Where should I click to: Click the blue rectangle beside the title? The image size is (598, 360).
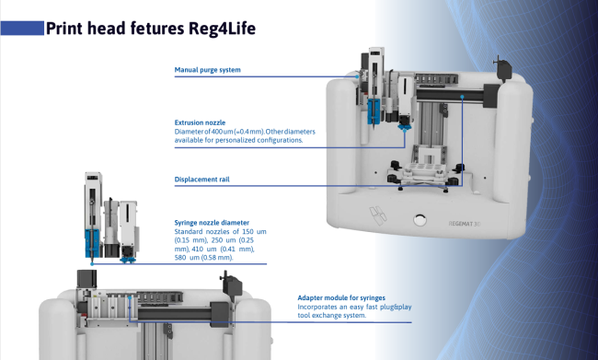click(x=22, y=29)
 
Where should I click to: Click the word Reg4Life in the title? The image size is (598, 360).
click(x=222, y=29)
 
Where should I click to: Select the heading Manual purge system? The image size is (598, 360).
click(x=208, y=70)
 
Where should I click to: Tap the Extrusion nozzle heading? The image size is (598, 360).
click(x=200, y=122)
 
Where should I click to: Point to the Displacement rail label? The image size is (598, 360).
click(x=201, y=180)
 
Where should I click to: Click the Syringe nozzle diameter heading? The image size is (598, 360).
click(x=212, y=223)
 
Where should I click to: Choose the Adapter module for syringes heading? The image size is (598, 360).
click(x=341, y=297)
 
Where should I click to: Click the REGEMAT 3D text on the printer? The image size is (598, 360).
click(x=465, y=224)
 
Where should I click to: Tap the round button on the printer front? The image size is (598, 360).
click(x=420, y=220)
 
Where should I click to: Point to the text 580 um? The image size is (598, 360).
click(x=187, y=258)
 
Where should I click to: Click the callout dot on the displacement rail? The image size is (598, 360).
click(x=462, y=97)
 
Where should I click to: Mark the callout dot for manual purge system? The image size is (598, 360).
click(x=357, y=76)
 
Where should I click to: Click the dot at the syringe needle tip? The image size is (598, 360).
click(x=92, y=264)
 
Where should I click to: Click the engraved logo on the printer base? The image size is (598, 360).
click(x=378, y=215)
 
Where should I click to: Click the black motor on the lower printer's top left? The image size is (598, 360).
click(x=86, y=279)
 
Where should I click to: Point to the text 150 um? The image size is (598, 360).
click(x=254, y=232)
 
